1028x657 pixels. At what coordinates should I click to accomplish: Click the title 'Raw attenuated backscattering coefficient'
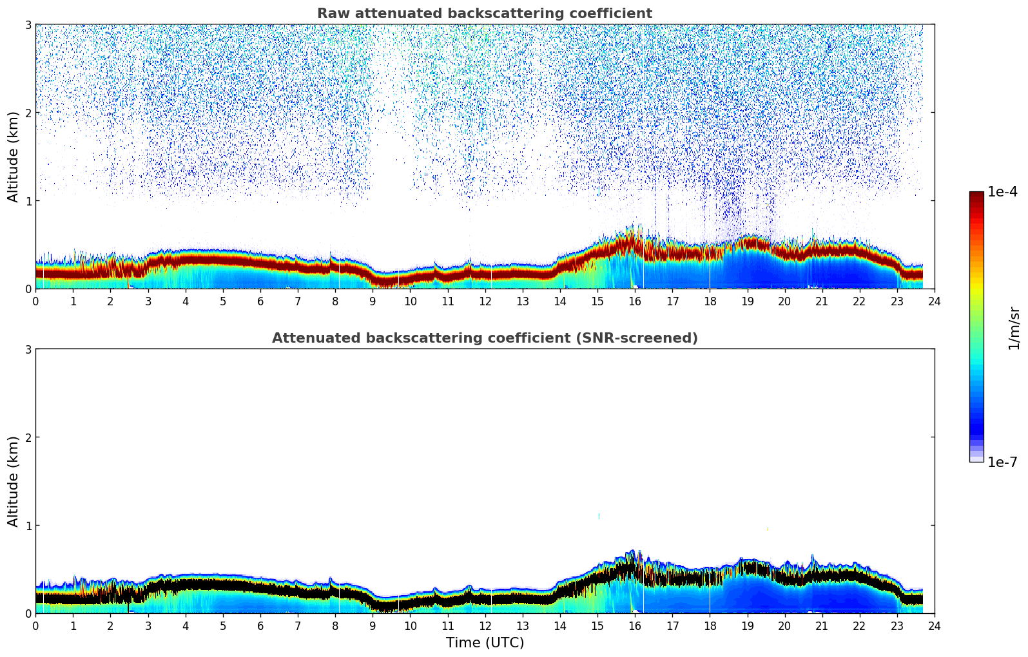click(484, 14)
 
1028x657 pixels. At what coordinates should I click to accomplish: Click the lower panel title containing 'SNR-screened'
click(484, 338)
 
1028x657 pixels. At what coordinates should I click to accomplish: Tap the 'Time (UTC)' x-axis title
click(485, 643)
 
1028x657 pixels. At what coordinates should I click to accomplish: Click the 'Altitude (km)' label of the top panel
click(13, 157)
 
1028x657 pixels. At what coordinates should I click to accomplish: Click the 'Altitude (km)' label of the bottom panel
click(13, 481)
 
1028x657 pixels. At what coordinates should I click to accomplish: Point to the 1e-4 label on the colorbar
click(1002, 192)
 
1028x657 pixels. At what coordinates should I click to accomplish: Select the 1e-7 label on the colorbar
click(1002, 462)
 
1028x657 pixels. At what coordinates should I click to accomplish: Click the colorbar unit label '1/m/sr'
click(1014, 328)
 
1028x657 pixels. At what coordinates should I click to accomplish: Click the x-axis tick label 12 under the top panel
click(485, 301)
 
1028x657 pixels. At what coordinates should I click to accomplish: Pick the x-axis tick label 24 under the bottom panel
click(934, 626)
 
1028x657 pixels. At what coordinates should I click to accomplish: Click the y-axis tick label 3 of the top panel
click(28, 24)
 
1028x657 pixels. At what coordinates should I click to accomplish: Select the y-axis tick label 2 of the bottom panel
click(28, 437)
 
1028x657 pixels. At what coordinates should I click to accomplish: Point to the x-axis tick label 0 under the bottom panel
click(35, 626)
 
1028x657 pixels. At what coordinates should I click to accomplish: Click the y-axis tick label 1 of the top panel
click(28, 201)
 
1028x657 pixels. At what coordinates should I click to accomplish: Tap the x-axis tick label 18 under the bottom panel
click(710, 626)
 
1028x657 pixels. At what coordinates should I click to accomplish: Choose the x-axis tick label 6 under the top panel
click(260, 301)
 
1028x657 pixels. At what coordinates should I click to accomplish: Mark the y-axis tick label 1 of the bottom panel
click(28, 526)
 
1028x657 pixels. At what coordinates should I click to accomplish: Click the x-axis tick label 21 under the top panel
click(822, 301)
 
